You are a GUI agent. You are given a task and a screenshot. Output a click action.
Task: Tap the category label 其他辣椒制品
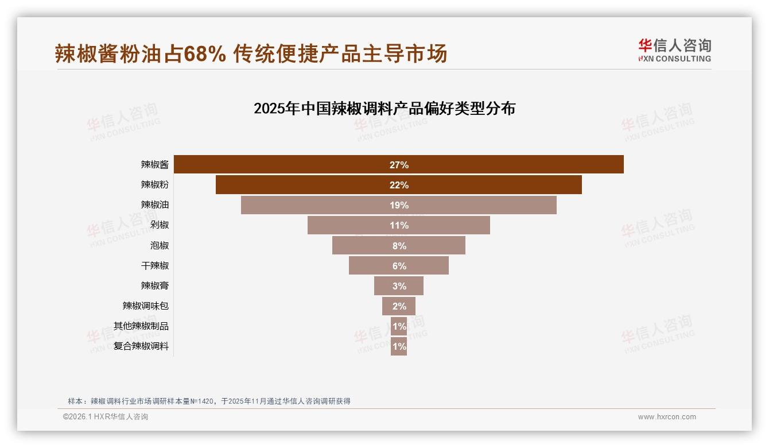141,326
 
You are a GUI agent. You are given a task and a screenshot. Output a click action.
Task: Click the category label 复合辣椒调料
141,346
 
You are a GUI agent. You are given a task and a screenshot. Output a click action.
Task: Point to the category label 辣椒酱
155,165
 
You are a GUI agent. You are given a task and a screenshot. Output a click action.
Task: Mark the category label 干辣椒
155,266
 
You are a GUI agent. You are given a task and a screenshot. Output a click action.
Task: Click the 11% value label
399,225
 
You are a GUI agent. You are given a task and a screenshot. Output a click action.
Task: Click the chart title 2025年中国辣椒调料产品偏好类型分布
384,109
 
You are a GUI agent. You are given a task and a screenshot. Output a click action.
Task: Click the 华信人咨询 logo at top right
674,50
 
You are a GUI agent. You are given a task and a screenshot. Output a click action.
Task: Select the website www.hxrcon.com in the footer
667,417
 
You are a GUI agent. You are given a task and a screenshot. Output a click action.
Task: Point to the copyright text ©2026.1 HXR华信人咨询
106,417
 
